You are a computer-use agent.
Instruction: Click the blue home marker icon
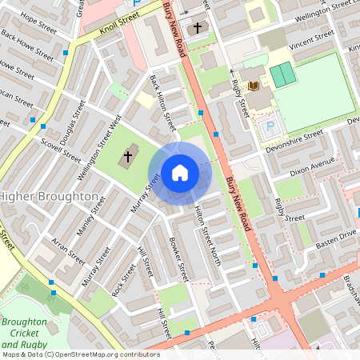(x=180, y=172)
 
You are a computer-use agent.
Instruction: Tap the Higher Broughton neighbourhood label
(x=49, y=196)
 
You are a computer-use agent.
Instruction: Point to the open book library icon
(x=254, y=86)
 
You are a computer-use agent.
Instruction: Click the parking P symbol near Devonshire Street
(x=270, y=126)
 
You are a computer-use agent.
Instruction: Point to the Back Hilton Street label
(x=162, y=104)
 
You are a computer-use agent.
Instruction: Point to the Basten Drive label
(x=335, y=238)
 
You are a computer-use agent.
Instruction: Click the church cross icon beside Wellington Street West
(x=127, y=157)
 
